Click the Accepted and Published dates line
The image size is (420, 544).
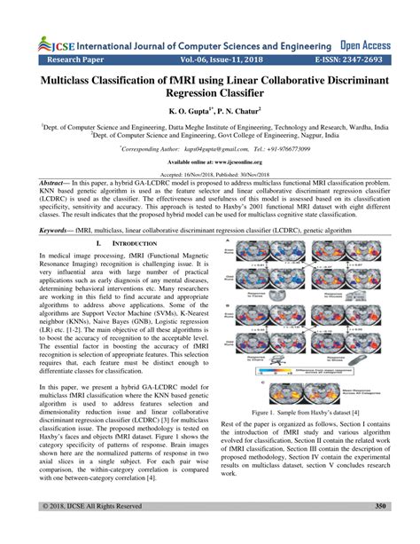pyautogui.click(x=210, y=175)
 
